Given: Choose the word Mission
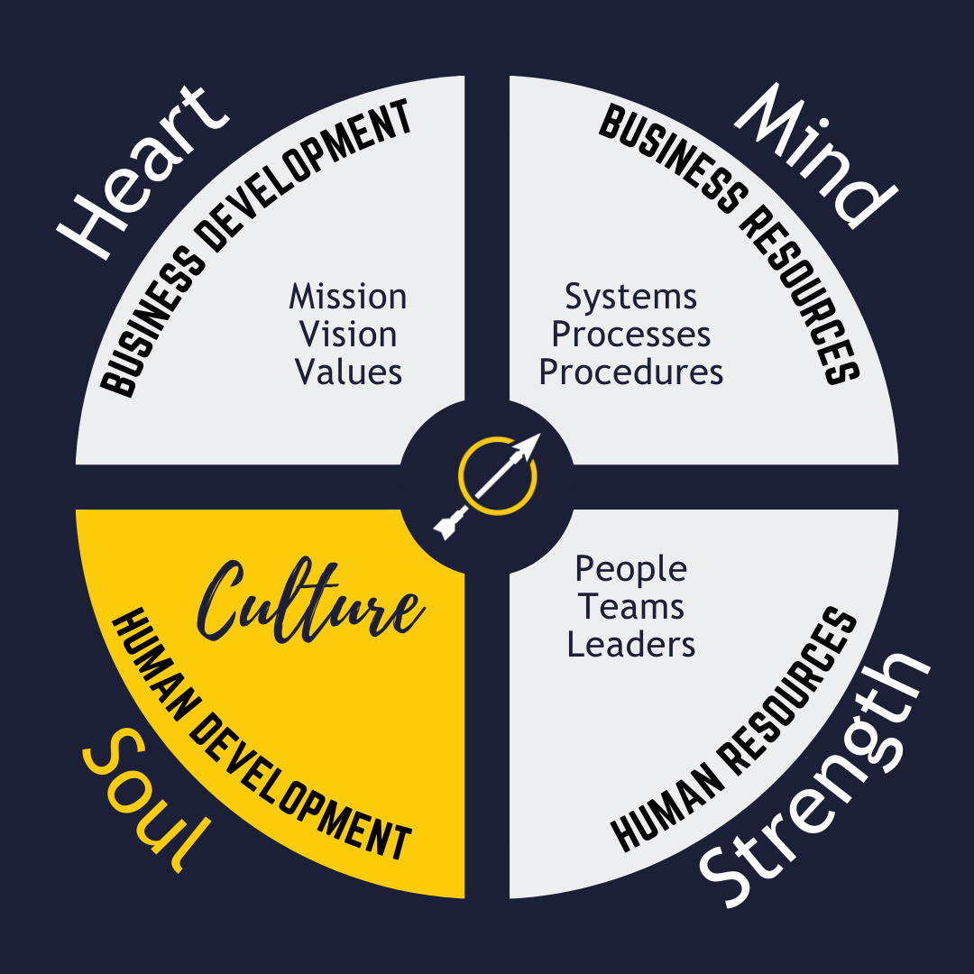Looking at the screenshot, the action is [348, 297].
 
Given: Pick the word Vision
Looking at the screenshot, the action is [348, 335].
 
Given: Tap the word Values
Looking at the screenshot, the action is [348, 372].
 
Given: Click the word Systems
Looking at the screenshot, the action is [631, 297].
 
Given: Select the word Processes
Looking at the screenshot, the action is [631, 335].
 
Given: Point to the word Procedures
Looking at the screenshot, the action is [631, 372].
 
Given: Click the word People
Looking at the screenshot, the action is [631, 569].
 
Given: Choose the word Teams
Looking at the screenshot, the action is [631, 607].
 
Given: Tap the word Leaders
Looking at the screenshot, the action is [631, 645].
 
